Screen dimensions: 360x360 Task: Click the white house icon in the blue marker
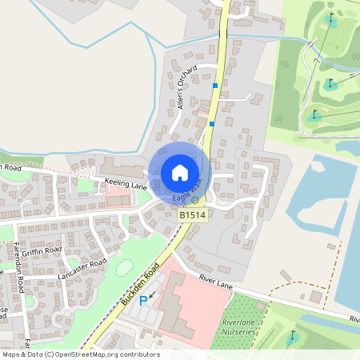(179, 172)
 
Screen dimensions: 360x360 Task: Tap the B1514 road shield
(192, 216)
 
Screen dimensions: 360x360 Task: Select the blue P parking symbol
(144, 300)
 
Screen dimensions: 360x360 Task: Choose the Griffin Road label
(42, 250)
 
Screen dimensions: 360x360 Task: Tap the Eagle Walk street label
(185, 194)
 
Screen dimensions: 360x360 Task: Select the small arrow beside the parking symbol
(153, 295)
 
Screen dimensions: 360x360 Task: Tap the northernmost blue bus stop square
(215, 85)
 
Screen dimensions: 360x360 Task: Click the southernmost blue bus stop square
(211, 123)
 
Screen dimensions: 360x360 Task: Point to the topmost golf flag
(331, 19)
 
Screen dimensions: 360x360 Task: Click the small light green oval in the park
(124, 268)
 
